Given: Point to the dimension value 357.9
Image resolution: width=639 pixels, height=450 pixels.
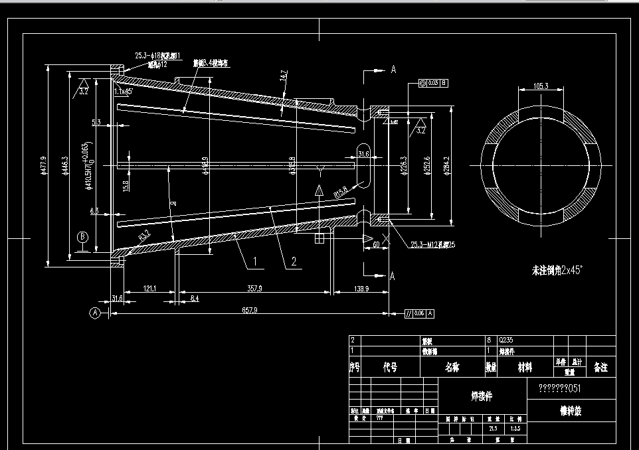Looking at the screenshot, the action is coord(253,289).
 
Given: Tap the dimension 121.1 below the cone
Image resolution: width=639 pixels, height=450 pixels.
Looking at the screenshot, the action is coord(149,289).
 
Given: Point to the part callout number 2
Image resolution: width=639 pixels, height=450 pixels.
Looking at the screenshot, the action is coord(293,262).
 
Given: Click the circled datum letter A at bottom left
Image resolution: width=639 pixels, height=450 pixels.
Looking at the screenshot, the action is coord(95,312).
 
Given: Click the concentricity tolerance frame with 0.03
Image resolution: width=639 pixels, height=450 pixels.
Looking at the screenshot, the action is coord(433,83).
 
